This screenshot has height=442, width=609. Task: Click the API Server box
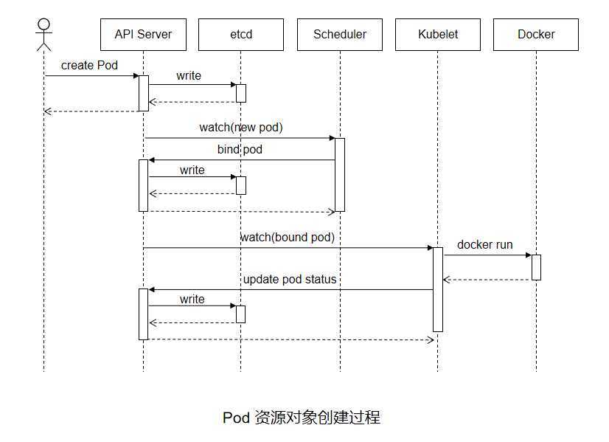click(143, 35)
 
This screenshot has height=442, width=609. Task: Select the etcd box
click(241, 35)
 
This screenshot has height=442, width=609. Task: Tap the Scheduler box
click(340, 35)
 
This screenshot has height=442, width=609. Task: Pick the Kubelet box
click(438, 35)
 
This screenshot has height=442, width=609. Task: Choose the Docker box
click(536, 35)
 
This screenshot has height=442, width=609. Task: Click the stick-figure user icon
click(44, 35)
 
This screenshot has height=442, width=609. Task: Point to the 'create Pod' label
click(89, 66)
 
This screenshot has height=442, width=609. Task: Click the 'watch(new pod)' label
click(241, 128)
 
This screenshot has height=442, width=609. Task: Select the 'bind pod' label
click(240, 149)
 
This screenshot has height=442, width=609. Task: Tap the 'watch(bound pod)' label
click(288, 237)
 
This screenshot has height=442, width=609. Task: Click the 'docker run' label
click(484, 244)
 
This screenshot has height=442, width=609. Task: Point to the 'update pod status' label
click(290, 279)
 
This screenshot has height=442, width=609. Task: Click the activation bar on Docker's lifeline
click(536, 267)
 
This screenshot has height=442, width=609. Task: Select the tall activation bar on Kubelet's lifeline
click(438, 289)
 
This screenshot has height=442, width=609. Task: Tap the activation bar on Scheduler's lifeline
click(340, 175)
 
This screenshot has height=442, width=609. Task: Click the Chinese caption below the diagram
click(302, 418)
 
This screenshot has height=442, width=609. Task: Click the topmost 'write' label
click(189, 76)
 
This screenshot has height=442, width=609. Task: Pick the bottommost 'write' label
click(192, 300)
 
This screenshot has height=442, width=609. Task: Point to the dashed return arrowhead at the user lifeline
click(47, 111)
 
